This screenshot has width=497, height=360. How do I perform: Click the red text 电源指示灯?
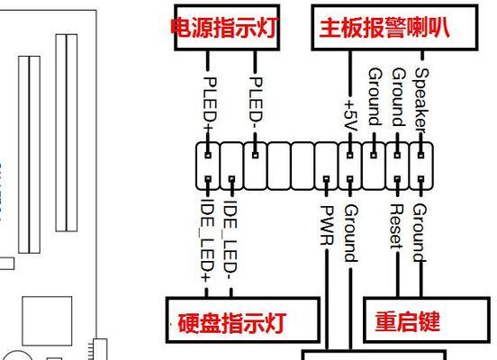pos(224,28)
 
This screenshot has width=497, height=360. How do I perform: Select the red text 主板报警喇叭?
pos(384,28)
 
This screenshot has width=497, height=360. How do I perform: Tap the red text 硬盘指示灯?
pos(232,322)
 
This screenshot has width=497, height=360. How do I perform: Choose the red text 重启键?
pos(408,321)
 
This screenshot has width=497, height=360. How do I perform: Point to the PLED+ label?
pos(210,104)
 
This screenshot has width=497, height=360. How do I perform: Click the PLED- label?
pos(256,100)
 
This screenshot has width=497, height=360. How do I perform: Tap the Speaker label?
pos(421,101)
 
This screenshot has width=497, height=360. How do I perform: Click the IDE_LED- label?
pos(230,239)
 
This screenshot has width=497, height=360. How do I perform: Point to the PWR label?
pos(327,225)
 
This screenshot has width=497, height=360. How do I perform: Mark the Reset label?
pos(396,226)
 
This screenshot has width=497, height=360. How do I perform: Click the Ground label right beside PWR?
pos(351,233)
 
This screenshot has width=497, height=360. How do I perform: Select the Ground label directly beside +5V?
pos(375,96)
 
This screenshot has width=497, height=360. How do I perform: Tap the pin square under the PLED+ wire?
pos(208,155)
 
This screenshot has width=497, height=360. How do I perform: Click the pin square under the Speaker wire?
pos(421,155)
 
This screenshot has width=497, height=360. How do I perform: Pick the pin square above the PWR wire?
pos(327,179)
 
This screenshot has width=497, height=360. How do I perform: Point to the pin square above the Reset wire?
pos(397,179)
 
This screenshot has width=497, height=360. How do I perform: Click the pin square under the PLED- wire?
pos(256,155)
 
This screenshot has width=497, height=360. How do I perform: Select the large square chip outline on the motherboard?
pos(47,320)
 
